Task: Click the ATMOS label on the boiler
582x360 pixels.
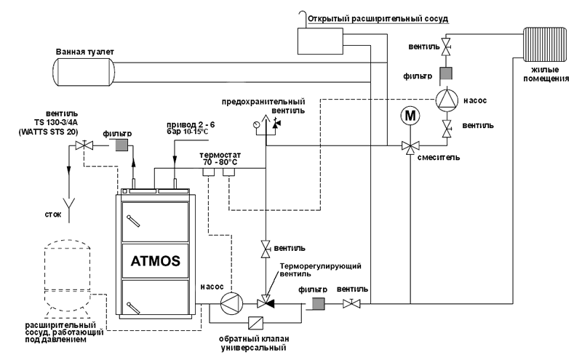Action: (x=155, y=260)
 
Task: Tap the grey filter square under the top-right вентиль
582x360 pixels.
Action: (x=447, y=73)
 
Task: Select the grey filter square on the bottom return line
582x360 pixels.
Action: (x=316, y=303)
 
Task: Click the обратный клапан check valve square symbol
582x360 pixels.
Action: (x=256, y=323)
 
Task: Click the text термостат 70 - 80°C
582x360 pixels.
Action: (x=220, y=159)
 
